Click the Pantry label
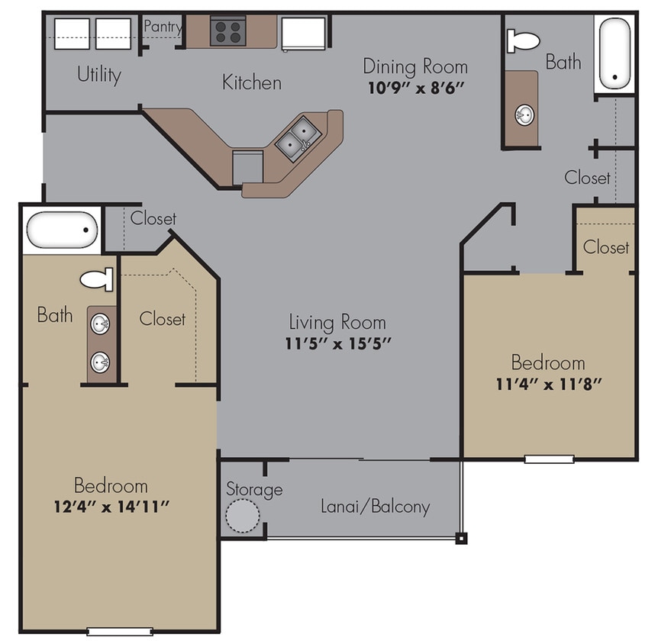tap(163, 27)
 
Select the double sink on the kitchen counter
tap(295, 139)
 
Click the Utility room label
tap(98, 75)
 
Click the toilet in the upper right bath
tap(523, 40)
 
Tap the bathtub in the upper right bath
tap(614, 53)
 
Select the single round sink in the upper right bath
tap(524, 115)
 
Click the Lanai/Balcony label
tap(375, 506)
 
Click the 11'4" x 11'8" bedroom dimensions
tap(548, 383)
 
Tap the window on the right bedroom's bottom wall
tap(549, 459)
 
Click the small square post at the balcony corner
tap(461, 538)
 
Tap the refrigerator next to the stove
tap(305, 34)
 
